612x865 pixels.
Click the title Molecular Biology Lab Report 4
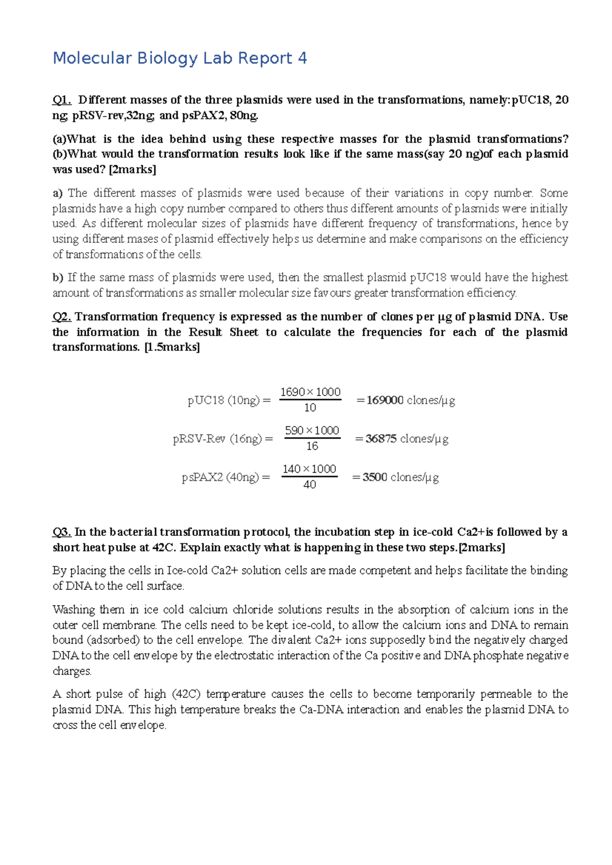(x=180, y=58)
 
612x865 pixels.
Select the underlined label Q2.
(x=62, y=317)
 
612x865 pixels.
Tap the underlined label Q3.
(x=62, y=532)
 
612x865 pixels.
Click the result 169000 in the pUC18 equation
(x=385, y=400)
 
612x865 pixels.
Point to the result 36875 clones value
(x=381, y=439)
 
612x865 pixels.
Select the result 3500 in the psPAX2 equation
(x=375, y=477)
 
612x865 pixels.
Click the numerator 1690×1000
(x=310, y=392)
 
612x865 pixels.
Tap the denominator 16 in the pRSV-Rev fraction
(x=312, y=446)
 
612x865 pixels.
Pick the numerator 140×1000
(x=310, y=469)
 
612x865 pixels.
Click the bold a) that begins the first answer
(x=57, y=193)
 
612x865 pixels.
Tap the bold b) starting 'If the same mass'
(x=58, y=278)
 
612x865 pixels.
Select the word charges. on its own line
(x=72, y=671)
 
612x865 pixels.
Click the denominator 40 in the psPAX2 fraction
(x=310, y=485)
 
